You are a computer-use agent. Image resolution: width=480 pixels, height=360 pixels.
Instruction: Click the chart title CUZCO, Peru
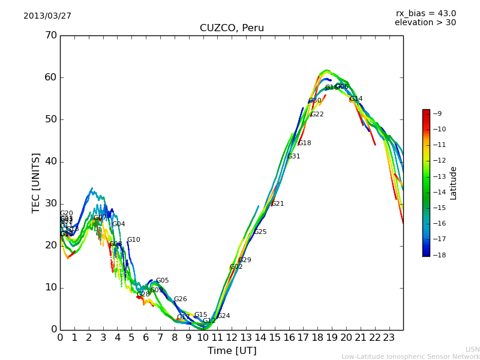(x=232, y=28)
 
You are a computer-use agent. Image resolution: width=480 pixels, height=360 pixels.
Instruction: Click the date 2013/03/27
(x=47, y=16)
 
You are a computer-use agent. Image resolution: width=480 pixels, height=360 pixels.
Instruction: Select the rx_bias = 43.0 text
(x=425, y=14)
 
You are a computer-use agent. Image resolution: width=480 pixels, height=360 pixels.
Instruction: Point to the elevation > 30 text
(x=425, y=23)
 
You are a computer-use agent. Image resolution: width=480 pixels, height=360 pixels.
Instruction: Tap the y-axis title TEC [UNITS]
(x=36, y=182)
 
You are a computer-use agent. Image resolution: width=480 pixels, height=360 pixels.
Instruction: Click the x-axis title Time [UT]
(x=232, y=351)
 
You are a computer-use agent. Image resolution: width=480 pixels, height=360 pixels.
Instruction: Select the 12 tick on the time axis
(x=232, y=337)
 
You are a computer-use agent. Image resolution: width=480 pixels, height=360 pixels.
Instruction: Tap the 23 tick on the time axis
(x=389, y=337)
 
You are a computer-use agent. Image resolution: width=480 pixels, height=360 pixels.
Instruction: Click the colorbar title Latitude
(x=454, y=182)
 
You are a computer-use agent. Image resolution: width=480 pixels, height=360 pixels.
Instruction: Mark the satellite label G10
(x=133, y=240)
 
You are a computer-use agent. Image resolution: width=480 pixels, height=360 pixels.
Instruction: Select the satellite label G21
(x=278, y=204)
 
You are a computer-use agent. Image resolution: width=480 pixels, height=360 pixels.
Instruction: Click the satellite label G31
(x=294, y=157)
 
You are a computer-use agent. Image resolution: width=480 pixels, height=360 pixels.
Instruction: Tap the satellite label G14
(x=356, y=99)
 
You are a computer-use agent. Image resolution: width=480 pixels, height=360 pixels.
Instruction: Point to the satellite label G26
(x=181, y=299)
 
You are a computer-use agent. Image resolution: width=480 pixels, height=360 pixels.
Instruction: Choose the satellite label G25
(x=260, y=232)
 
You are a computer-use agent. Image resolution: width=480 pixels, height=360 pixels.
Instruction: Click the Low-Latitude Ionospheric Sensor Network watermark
(x=410, y=357)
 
